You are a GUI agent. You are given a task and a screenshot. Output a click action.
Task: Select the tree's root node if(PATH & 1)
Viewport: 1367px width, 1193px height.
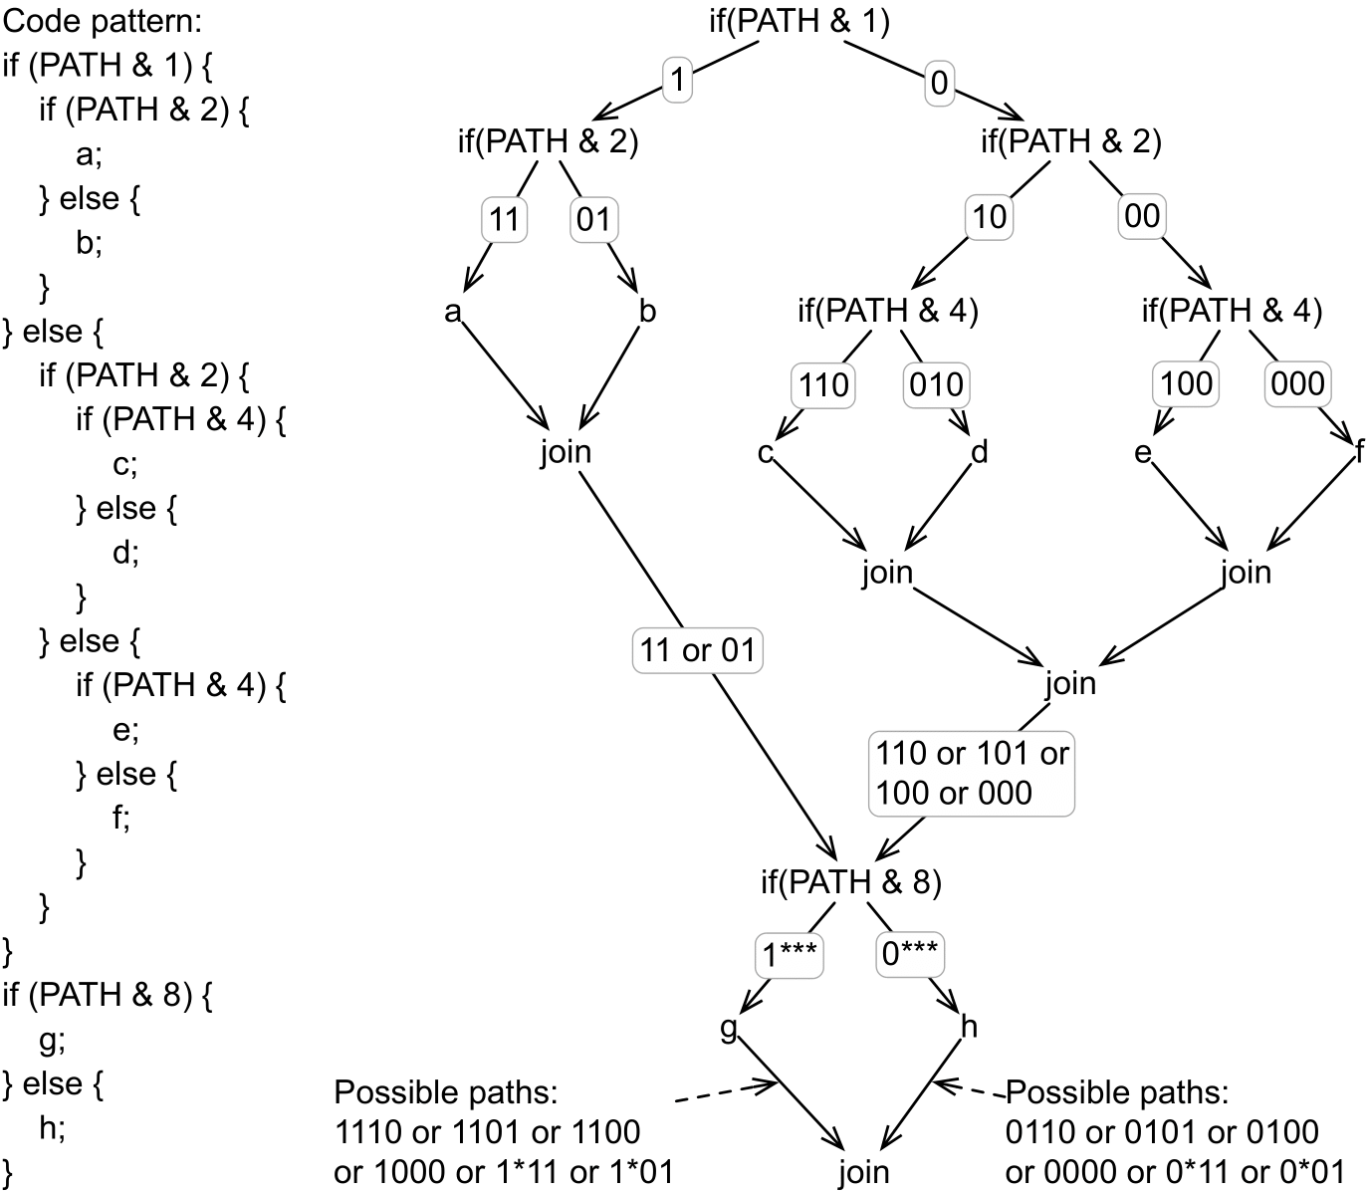point(798,21)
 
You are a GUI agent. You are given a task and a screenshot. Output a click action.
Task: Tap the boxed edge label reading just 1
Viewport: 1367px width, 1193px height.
point(677,81)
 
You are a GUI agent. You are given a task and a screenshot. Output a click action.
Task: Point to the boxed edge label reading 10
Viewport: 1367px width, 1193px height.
point(989,217)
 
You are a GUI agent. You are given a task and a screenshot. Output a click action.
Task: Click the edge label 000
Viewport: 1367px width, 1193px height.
point(1298,383)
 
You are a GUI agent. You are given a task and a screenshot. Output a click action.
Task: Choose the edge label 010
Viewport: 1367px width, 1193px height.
point(936,383)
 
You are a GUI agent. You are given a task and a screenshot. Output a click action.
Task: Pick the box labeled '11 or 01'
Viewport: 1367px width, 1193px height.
point(697,650)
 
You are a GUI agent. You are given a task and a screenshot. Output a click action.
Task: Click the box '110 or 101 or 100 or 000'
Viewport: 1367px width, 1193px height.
point(971,773)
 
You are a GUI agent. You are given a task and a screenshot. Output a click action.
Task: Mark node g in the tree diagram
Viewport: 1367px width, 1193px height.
point(729,1027)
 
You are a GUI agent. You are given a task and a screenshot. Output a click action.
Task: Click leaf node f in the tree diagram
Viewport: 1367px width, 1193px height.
point(1359,453)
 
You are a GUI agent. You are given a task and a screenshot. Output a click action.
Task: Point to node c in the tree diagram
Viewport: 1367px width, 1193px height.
point(765,453)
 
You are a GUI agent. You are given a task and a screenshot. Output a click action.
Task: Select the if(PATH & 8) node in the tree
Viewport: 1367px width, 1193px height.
point(849,882)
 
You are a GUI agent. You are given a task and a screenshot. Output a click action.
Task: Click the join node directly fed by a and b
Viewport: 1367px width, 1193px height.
point(565,452)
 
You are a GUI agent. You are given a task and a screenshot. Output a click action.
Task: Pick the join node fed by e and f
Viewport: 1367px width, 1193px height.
point(1246,573)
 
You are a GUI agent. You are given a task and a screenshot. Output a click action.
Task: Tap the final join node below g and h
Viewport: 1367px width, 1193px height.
point(862,1172)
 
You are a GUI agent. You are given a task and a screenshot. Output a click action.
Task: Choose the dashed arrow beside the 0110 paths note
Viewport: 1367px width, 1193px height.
point(971,1089)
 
